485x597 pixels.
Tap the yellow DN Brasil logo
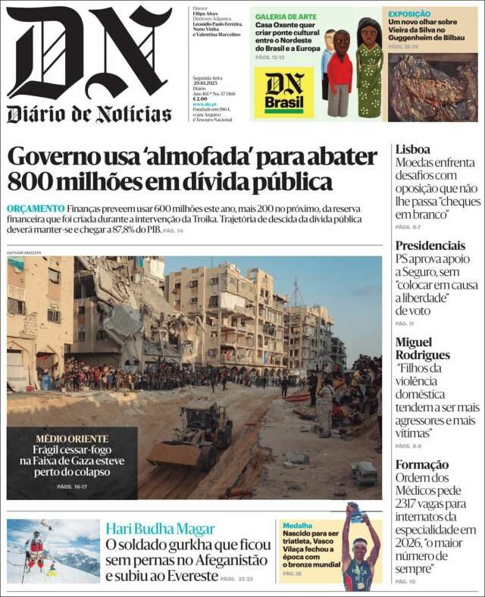point(283,92)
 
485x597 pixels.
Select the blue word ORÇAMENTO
point(36,208)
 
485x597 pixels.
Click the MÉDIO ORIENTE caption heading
point(72,439)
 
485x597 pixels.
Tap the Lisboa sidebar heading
point(412,149)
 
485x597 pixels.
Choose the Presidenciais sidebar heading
point(430,245)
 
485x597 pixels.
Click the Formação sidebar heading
point(422,464)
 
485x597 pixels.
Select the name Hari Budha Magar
point(160,529)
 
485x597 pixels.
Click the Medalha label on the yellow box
point(297,525)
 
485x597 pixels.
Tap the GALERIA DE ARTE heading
point(286,16)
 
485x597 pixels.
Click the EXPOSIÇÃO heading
point(409,14)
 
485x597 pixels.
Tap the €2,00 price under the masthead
point(200,99)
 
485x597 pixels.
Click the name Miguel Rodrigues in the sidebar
point(422,348)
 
